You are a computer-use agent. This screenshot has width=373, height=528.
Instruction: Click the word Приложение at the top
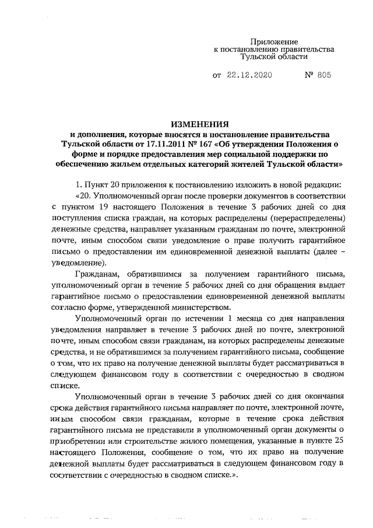click(274, 42)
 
